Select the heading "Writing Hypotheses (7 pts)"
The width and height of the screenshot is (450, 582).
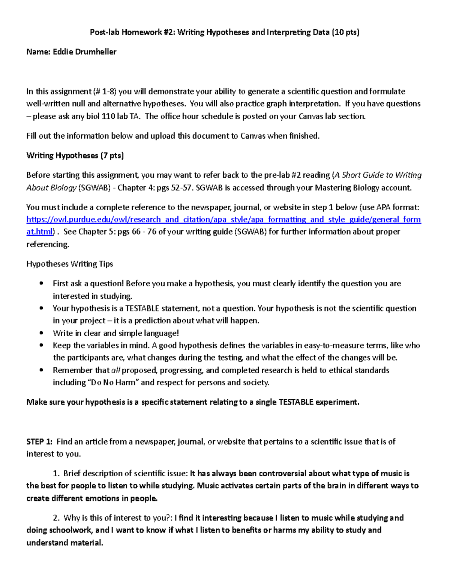click(x=75, y=156)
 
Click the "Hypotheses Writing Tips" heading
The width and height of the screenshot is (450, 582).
click(x=69, y=264)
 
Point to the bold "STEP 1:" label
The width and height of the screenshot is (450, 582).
click(x=39, y=441)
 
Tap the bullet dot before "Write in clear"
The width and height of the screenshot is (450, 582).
click(x=41, y=333)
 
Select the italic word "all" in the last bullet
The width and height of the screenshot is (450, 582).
click(x=115, y=370)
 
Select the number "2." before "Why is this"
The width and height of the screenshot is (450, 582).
click(x=56, y=518)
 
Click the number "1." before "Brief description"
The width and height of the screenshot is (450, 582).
click(x=56, y=473)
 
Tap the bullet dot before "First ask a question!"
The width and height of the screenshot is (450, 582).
click(x=41, y=284)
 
